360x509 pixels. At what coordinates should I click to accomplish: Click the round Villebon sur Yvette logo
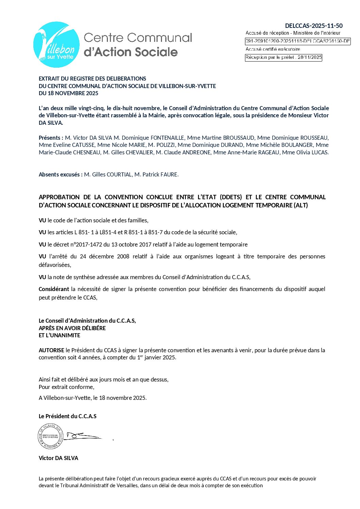coord(56,45)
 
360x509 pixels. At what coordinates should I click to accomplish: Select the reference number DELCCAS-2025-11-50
coord(314,26)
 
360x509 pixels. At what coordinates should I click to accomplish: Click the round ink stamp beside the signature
coord(50,436)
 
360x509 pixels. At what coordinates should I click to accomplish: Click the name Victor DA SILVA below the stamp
coord(59,458)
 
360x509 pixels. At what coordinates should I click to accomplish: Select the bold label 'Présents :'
coord(51,138)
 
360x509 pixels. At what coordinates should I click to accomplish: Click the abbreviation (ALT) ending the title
coord(301,205)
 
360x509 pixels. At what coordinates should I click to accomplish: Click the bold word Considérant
coord(54,289)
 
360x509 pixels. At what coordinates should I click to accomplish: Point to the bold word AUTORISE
coord(51,350)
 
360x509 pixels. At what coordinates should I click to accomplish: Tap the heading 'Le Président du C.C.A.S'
coord(67,416)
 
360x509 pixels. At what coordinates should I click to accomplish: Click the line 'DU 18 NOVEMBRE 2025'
coord(68,93)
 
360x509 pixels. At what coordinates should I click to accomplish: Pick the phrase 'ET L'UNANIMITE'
coord(60,335)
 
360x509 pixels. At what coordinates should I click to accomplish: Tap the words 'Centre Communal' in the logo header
coord(138,38)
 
